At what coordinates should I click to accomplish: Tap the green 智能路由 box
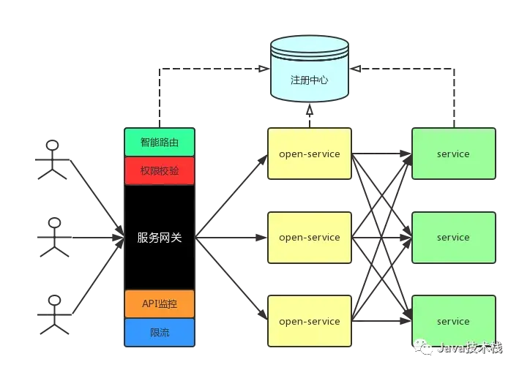pos(159,142)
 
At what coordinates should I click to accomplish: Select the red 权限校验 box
pos(159,170)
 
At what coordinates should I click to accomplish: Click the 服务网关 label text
pos(159,238)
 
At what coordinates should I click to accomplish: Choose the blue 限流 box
pos(159,332)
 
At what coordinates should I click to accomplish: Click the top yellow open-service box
pos(309,154)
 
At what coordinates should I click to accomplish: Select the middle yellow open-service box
pos(309,238)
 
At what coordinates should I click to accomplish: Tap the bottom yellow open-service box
pos(309,321)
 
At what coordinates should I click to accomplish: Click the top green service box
pos(453,154)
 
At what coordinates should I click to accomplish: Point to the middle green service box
pos(453,238)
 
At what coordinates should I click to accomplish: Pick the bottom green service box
pos(453,321)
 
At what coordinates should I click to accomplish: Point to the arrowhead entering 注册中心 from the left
pos(262,69)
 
